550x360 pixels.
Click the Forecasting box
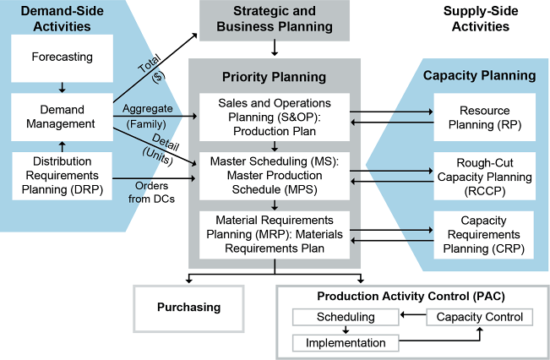(x=61, y=58)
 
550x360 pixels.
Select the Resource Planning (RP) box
(x=484, y=117)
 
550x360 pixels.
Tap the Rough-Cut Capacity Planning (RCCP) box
(x=484, y=177)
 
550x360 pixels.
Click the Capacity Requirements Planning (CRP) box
(x=484, y=234)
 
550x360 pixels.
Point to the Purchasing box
(x=188, y=307)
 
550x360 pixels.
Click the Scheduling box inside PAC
(x=346, y=317)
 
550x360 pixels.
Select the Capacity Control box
(x=479, y=317)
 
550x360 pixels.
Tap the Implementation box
(x=346, y=343)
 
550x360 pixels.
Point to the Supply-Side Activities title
(x=476, y=18)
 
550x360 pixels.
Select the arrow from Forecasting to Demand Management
(x=61, y=85)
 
